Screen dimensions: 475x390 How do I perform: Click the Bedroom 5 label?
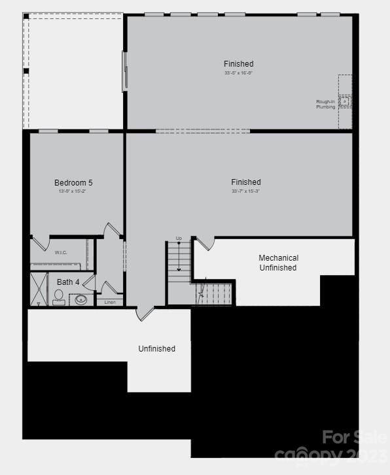pyautogui.click(x=77, y=182)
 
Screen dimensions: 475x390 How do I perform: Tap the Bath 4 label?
pyautogui.click(x=68, y=282)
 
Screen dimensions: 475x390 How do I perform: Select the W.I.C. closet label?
pyautogui.click(x=61, y=252)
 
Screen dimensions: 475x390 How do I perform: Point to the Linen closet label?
pyautogui.click(x=109, y=302)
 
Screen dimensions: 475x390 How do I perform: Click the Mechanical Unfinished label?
pyautogui.click(x=278, y=263)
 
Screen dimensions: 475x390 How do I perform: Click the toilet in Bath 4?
pyautogui.click(x=59, y=297)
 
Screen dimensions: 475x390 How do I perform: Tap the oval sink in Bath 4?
pyautogui.click(x=81, y=300)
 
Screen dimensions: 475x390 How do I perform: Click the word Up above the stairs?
pyautogui.click(x=179, y=238)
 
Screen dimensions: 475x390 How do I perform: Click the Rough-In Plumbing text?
pyautogui.click(x=325, y=105)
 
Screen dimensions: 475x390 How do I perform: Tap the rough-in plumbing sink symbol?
pyautogui.click(x=344, y=102)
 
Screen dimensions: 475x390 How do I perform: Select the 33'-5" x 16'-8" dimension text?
pyautogui.click(x=238, y=73)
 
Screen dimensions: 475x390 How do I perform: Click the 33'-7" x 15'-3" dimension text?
pyautogui.click(x=246, y=191)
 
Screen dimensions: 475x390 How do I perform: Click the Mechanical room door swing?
pyautogui.click(x=205, y=244)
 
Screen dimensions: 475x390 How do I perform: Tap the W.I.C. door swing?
pyautogui.click(x=41, y=243)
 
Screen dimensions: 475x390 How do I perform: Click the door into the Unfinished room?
pyautogui.click(x=145, y=313)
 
